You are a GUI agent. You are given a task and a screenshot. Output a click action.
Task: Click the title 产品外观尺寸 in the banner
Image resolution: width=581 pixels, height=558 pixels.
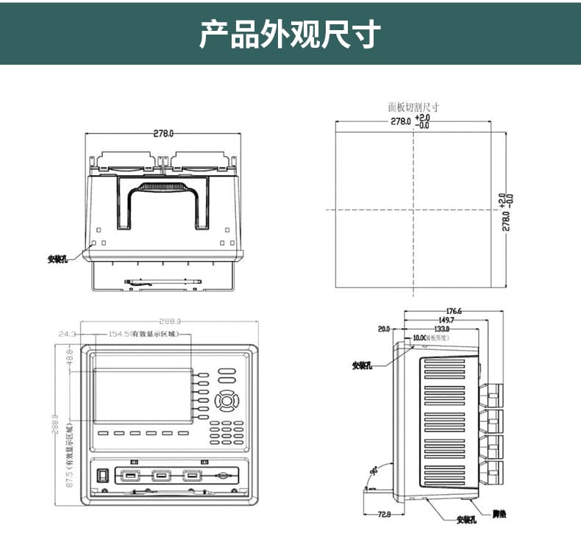290,35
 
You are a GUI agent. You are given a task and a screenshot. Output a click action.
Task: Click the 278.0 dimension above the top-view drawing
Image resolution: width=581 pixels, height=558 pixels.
163,134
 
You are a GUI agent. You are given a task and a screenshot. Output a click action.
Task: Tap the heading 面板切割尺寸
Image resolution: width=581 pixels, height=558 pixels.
414,107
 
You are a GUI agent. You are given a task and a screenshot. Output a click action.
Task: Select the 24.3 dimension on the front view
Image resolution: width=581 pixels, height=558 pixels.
67,334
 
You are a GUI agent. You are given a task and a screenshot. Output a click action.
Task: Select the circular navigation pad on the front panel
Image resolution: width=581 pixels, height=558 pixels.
227,401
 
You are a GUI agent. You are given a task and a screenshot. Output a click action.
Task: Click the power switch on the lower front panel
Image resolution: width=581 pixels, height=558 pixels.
104,476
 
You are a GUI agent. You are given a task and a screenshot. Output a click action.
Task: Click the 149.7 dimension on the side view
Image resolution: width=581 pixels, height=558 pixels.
446,320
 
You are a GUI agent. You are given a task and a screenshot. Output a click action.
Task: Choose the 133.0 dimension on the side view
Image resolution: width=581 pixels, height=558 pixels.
441,329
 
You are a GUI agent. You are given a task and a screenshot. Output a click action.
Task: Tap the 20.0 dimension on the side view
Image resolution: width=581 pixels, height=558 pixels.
383,329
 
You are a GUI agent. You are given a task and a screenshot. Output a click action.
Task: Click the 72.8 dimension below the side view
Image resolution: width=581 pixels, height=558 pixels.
383,515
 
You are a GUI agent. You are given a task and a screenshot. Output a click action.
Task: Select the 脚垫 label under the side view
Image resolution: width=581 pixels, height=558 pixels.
499,513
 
